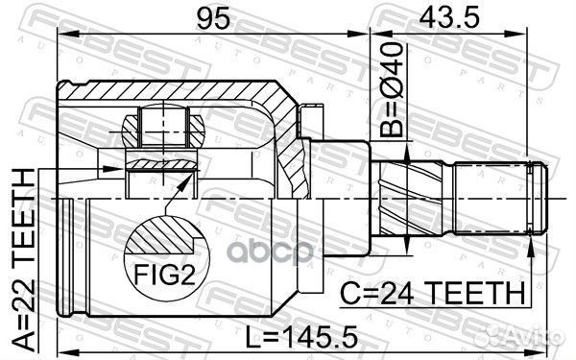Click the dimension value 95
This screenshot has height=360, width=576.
click(x=213, y=18)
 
